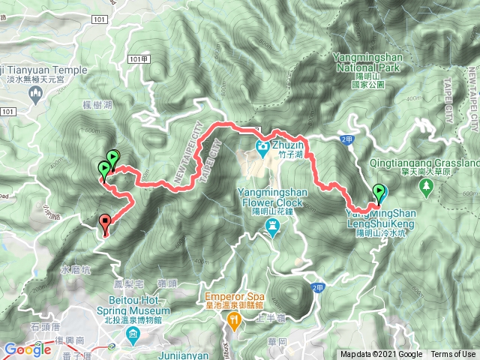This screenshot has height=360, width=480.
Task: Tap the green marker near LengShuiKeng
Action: pyautogui.click(x=379, y=191)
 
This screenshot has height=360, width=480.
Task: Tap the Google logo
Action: pyautogui.click(x=28, y=349)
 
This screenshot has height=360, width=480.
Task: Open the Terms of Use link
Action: pyautogui.click(x=453, y=355)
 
